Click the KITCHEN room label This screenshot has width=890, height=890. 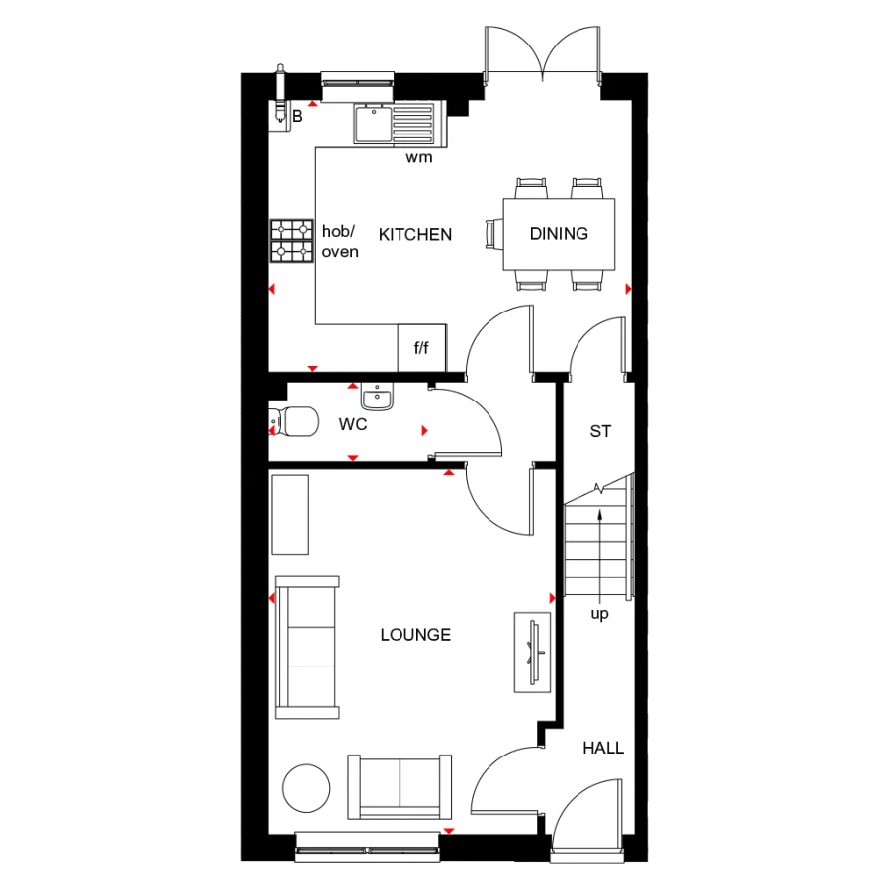click(415, 234)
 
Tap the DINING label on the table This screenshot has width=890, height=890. click(559, 234)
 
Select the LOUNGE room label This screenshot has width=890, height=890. click(415, 635)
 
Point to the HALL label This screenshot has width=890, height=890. click(603, 748)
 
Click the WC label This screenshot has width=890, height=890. click(353, 425)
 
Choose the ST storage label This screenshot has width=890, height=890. click(600, 431)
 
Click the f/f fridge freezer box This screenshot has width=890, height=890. click(421, 348)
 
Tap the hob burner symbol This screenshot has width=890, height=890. click(292, 240)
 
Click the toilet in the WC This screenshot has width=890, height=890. click(295, 422)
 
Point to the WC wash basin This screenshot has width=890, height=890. click(377, 398)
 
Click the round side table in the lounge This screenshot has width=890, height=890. click(307, 788)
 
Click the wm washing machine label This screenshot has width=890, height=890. click(419, 157)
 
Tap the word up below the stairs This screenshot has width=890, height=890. click(599, 614)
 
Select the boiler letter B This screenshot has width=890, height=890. click(296, 117)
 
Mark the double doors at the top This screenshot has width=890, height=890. click(542, 54)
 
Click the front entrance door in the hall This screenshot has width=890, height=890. click(588, 816)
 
